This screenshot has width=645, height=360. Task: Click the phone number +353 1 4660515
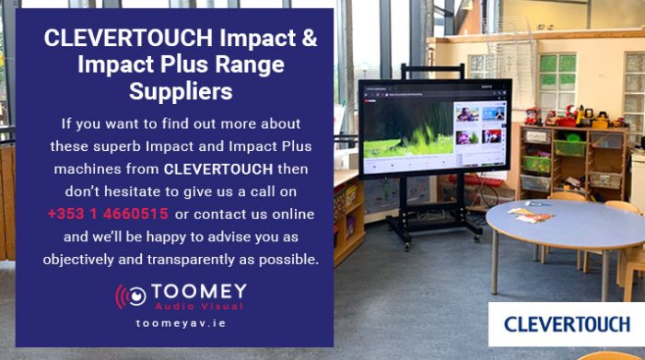(108, 215)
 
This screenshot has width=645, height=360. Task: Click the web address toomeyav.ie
(180, 324)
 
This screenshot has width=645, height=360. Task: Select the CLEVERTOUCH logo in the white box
(567, 324)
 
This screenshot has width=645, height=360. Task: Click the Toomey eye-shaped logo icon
(131, 296)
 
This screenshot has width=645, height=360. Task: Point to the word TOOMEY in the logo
(199, 291)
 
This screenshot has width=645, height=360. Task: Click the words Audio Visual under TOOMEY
(198, 306)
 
